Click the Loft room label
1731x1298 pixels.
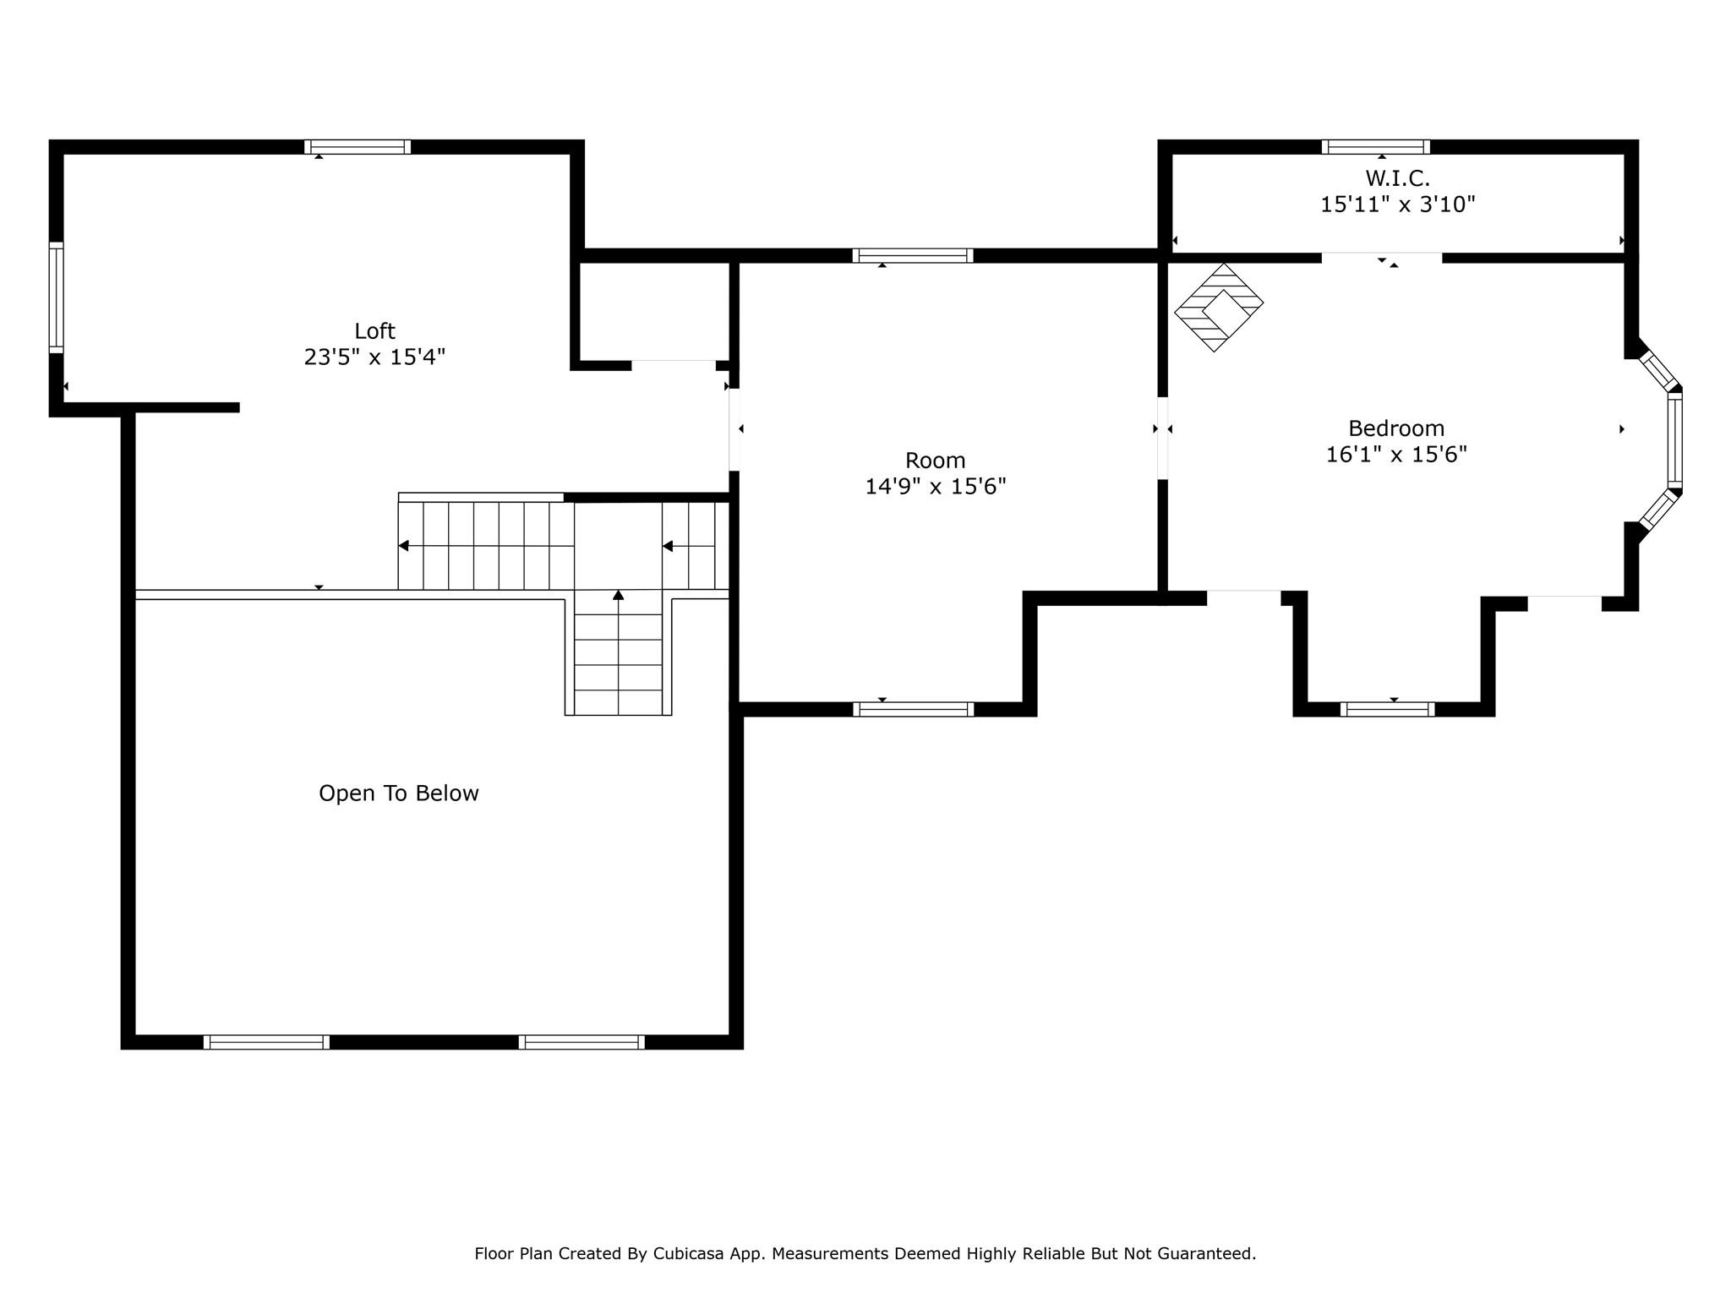tap(374, 331)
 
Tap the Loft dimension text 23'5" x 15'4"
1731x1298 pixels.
tap(374, 357)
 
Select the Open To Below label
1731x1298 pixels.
tap(399, 794)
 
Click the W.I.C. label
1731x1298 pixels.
tap(1398, 178)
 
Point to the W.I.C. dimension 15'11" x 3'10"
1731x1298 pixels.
tap(1398, 205)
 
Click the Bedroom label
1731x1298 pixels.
tap(1396, 428)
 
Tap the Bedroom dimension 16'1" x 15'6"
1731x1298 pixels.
tap(1396, 455)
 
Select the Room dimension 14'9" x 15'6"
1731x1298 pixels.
tap(936, 487)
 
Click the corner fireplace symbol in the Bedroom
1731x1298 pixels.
tap(1219, 308)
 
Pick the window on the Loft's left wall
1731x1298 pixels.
tap(56, 297)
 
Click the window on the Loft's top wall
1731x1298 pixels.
tap(358, 147)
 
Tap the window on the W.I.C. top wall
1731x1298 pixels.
tap(1376, 147)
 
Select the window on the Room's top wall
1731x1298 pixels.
tap(913, 256)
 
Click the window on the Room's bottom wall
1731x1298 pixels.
tap(913, 710)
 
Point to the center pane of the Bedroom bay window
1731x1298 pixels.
tap(1675, 442)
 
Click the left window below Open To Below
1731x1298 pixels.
tap(266, 1042)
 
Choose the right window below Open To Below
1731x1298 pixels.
tap(582, 1042)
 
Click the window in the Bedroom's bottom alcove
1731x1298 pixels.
tap(1387, 710)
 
